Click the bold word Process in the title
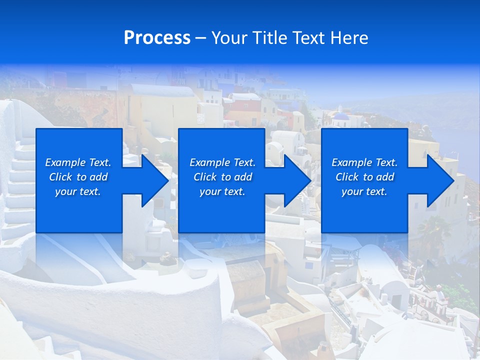pos(157,37)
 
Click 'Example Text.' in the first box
pos(78,162)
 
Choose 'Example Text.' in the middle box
pos(222,162)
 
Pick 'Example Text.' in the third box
pos(364,162)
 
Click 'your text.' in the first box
pos(78,191)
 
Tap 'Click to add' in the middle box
pos(222,177)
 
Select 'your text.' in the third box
pos(364,191)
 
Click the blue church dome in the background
pos(341,116)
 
